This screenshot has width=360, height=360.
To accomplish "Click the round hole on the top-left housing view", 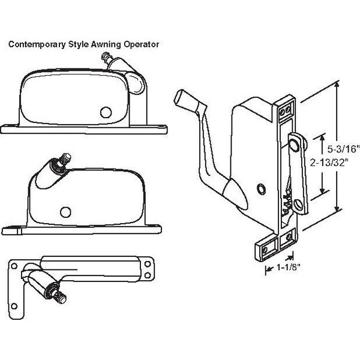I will tap(106, 112).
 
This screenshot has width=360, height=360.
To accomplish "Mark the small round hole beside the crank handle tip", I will tap(260, 188).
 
